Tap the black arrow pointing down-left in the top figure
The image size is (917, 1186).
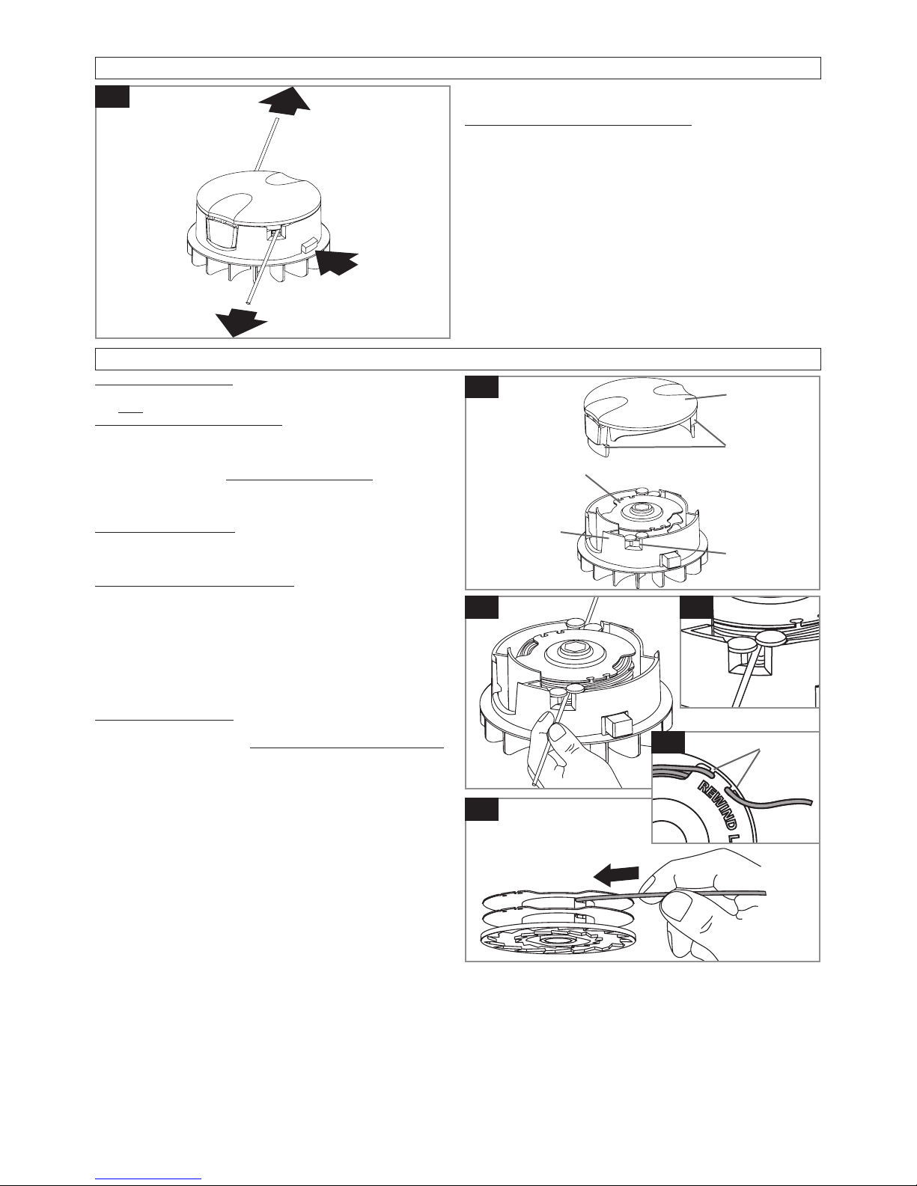[241, 322]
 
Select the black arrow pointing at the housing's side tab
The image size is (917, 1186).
[338, 263]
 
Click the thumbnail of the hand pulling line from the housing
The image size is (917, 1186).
[558, 692]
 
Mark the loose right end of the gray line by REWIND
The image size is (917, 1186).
[811, 801]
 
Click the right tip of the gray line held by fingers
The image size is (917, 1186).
[766, 893]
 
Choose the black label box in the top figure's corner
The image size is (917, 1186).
[112, 97]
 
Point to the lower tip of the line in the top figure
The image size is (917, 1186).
[249, 302]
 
